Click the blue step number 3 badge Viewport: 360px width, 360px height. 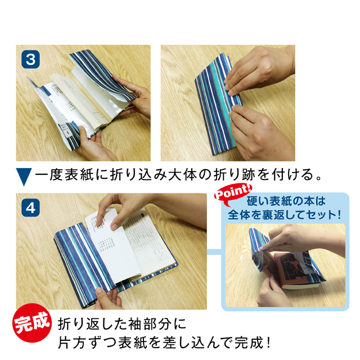point(30,60)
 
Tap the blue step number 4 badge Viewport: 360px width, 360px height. point(30,208)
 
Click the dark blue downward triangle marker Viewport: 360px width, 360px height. point(24,176)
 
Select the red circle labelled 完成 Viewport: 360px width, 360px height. point(32,323)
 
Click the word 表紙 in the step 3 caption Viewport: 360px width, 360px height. point(79,175)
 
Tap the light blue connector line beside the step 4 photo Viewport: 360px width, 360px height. point(214,252)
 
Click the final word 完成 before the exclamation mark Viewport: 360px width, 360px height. point(249,343)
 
